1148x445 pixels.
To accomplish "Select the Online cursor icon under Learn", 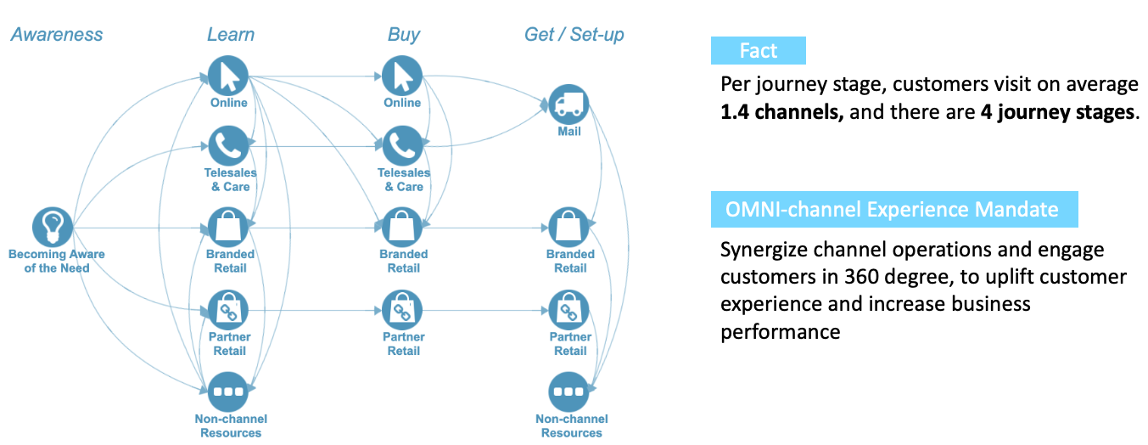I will pos(230,76).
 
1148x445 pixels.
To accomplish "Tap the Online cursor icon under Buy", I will pos(402,76).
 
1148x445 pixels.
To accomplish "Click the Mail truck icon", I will pos(568,105).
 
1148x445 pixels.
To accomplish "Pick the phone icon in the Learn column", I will pos(230,146).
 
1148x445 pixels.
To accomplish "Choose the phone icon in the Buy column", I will pos(402,146).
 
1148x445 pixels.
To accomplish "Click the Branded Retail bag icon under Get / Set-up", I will pos(569,228).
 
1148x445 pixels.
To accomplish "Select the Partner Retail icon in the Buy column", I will pos(402,310).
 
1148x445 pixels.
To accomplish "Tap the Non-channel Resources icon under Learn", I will pos(230,392).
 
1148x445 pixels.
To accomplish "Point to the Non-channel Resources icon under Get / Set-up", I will pos(569,392).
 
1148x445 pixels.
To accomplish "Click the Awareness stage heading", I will pos(57,35).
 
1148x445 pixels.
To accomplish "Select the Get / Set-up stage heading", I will pos(574,35).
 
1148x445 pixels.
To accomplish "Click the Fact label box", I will pos(758,51).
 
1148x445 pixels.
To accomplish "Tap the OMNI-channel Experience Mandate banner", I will pos(893,210).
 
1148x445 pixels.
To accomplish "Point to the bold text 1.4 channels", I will pos(781,112).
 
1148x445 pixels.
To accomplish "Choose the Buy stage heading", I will pos(404,35).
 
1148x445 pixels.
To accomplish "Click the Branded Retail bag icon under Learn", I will pos(230,228).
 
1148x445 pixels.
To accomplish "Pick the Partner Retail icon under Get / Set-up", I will pos(569,310).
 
